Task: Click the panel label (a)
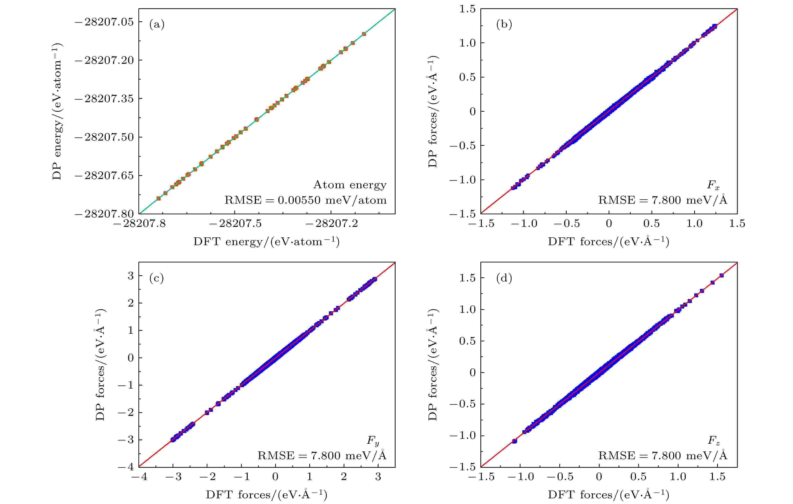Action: (x=157, y=25)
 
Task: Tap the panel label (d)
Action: (x=504, y=278)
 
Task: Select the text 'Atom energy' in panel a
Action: (x=350, y=185)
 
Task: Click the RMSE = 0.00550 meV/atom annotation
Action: (x=305, y=200)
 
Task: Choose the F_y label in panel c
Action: (x=373, y=441)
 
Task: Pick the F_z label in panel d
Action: (x=714, y=441)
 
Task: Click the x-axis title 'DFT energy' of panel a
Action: (x=266, y=242)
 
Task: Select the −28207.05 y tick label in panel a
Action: (x=104, y=22)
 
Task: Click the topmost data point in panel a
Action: (x=364, y=34)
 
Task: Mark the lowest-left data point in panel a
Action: (x=158, y=198)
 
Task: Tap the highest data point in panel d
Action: (x=721, y=275)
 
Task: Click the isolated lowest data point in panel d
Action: (x=514, y=441)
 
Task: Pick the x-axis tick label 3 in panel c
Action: (x=378, y=477)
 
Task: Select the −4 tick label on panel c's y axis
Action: (x=126, y=467)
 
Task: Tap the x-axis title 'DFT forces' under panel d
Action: (x=608, y=495)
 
